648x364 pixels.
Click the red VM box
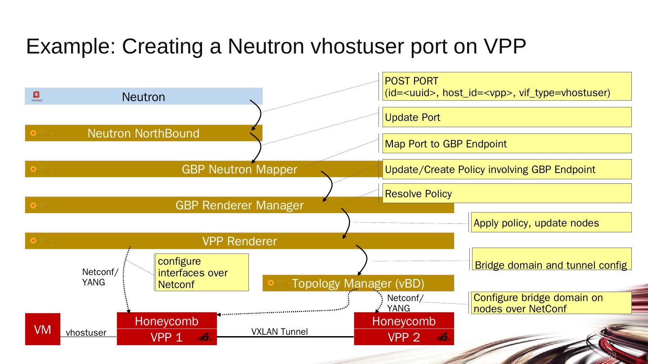[x=42, y=329]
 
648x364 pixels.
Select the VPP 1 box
[x=166, y=337]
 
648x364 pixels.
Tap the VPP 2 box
[x=404, y=337]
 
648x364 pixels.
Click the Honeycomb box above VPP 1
[x=166, y=321]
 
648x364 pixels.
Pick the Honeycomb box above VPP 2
[x=404, y=321]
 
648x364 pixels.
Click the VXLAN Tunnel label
[x=279, y=332]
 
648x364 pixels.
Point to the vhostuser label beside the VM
[x=86, y=333]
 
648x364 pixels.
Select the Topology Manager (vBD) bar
[x=358, y=283]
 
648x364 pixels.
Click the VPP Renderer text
[x=239, y=241]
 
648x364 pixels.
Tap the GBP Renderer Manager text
[x=239, y=205]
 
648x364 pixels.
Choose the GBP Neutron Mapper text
[x=239, y=169]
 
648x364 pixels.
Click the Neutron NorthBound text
[x=143, y=133]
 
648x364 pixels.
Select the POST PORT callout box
[x=507, y=87]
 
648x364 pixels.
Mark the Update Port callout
[x=507, y=117]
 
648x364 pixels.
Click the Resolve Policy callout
[x=507, y=194]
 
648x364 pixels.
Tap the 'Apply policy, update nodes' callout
[x=551, y=223]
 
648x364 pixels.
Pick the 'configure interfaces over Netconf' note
[x=202, y=273]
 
